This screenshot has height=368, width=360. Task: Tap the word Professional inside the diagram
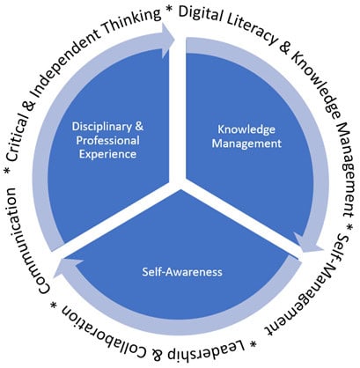(107, 141)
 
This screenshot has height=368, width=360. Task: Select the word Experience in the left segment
(107, 154)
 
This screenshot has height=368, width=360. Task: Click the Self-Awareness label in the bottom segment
(182, 272)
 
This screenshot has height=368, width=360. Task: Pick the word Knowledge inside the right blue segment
(246, 130)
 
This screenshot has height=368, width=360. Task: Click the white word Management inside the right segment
(246, 144)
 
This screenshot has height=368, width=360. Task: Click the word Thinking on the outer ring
(133, 23)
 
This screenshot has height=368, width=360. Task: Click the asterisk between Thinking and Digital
(170, 11)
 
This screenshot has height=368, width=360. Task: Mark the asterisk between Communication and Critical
(9, 171)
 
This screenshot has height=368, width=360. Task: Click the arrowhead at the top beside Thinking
(168, 39)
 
